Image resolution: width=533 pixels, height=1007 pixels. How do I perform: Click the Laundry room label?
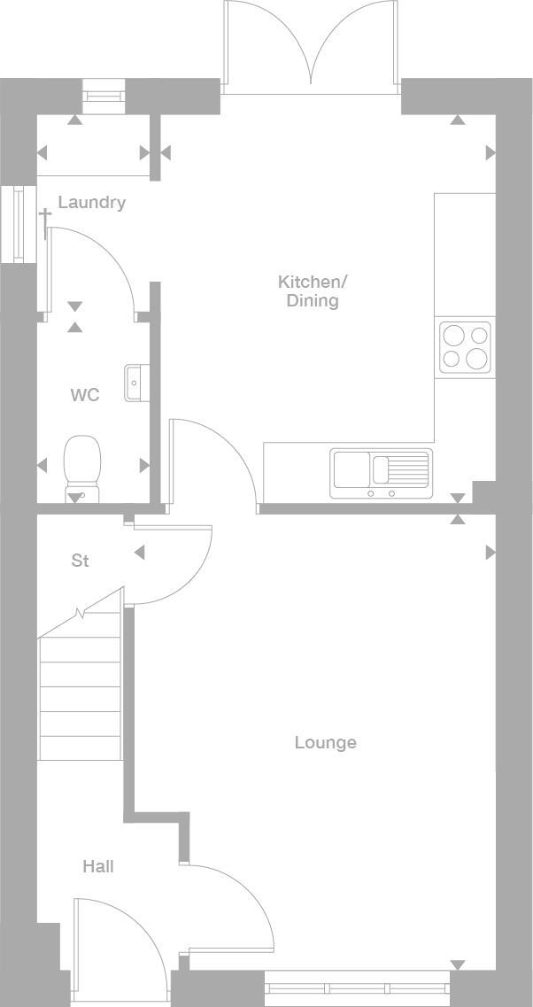pyautogui.click(x=91, y=203)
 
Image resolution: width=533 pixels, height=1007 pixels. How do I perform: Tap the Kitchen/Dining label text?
pyautogui.click(x=313, y=291)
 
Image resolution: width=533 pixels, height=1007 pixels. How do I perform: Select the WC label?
pyautogui.click(x=85, y=395)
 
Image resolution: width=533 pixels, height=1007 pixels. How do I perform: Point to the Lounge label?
pyautogui.click(x=325, y=743)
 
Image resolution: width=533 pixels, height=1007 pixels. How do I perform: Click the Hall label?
pyautogui.click(x=98, y=867)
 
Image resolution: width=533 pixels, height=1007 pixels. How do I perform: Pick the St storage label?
pyautogui.click(x=81, y=562)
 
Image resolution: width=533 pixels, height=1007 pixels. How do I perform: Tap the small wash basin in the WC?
pyautogui.click(x=134, y=382)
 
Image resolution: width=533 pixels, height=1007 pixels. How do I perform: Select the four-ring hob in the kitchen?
pyautogui.click(x=465, y=347)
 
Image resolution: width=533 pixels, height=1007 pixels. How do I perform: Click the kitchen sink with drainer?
pyautogui.click(x=382, y=473)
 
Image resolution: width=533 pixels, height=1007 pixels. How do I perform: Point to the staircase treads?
pyautogui.click(x=80, y=699)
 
